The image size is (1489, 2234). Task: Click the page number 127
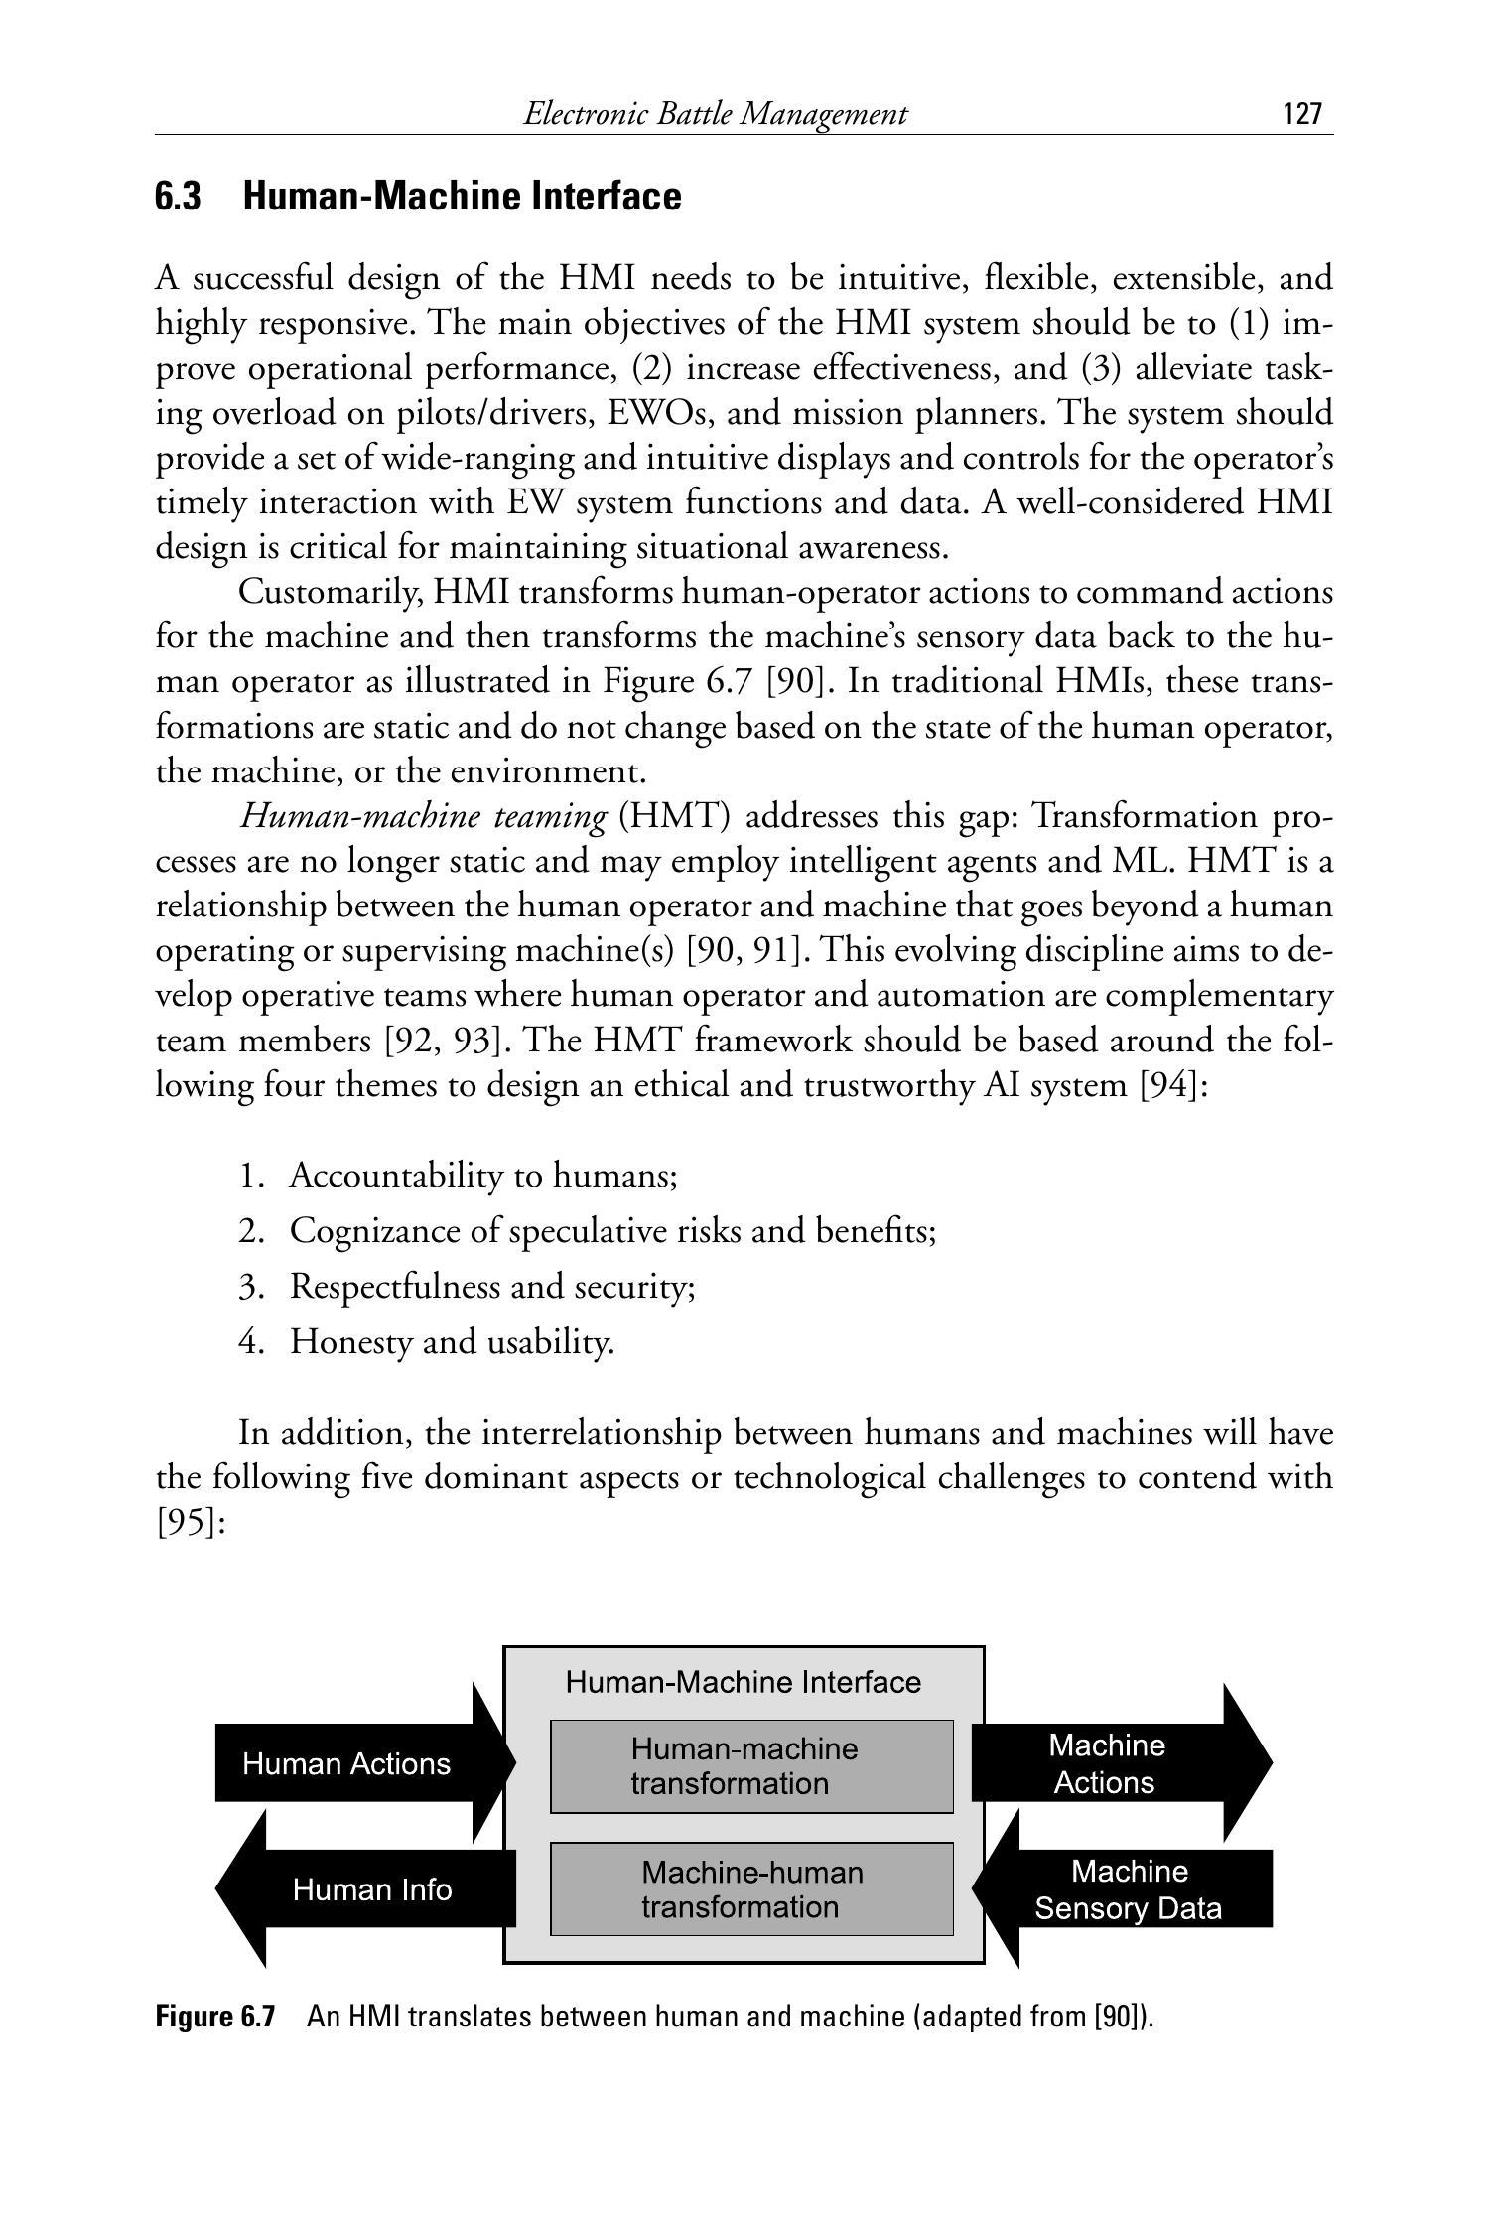(1302, 114)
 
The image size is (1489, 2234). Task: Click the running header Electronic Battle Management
(715, 115)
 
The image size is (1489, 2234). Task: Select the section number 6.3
(178, 197)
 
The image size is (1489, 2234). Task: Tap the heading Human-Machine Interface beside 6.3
(462, 197)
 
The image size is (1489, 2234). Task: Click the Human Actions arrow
(347, 1764)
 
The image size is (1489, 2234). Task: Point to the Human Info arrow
(371, 1889)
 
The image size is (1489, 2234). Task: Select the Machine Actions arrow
(1106, 1764)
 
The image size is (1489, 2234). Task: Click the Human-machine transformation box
(751, 1766)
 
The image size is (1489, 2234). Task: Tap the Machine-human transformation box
(751, 1889)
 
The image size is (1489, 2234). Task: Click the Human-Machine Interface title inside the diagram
(743, 1682)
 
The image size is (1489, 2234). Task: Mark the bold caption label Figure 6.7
(214, 2018)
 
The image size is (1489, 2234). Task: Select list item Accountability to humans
(482, 1177)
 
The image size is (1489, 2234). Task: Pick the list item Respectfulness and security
(491, 1287)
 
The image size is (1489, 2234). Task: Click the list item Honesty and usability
(452, 1342)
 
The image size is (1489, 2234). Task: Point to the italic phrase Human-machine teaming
(424, 817)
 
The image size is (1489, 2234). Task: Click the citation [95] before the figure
(192, 1522)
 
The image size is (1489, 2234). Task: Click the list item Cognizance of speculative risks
(612, 1231)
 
